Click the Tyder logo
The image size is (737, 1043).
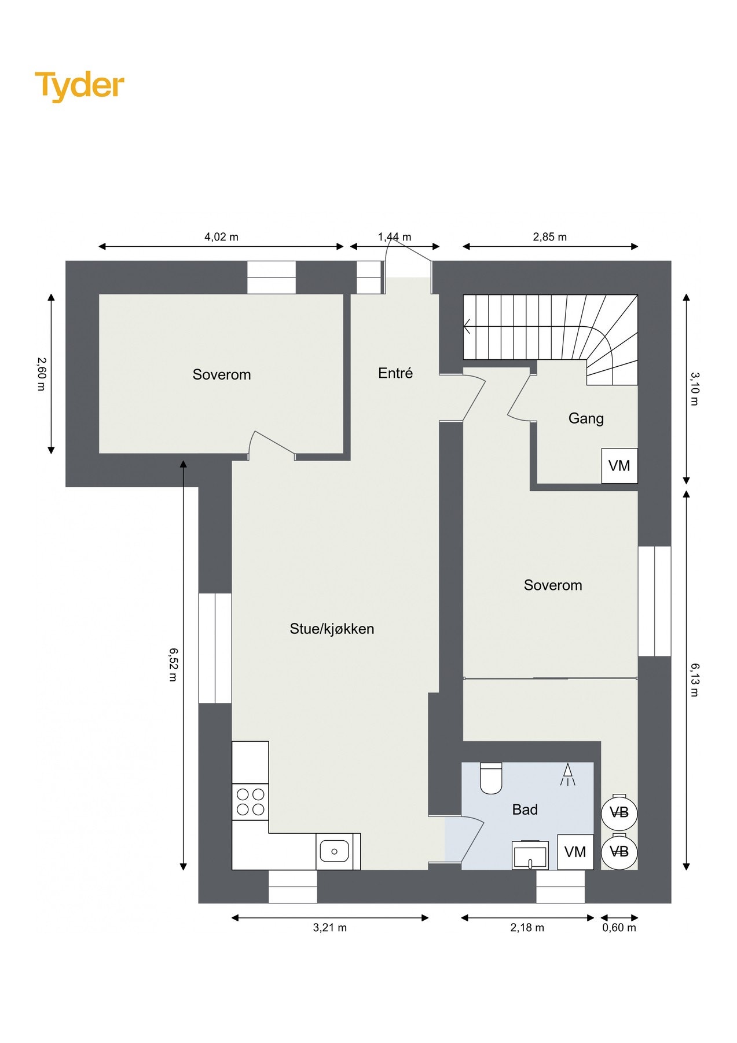[80, 86]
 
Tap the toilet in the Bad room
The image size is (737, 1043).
[492, 778]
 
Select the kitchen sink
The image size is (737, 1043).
[334, 851]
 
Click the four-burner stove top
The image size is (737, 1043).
[250, 802]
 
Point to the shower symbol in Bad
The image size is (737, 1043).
[567, 774]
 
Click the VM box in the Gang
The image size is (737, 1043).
[619, 465]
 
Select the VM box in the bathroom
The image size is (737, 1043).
[575, 852]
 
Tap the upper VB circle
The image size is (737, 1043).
[619, 812]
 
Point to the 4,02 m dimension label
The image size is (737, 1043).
[221, 236]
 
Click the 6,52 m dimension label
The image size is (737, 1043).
[173, 664]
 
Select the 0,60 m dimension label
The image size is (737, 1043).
[619, 928]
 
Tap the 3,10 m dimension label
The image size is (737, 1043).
[695, 388]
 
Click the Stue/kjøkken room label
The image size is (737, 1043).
[332, 629]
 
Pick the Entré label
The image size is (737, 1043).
[395, 373]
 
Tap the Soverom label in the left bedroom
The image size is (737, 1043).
[222, 374]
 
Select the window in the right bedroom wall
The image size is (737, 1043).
[654, 601]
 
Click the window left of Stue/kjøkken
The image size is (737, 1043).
[215, 648]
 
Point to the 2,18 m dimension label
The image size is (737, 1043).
[527, 928]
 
